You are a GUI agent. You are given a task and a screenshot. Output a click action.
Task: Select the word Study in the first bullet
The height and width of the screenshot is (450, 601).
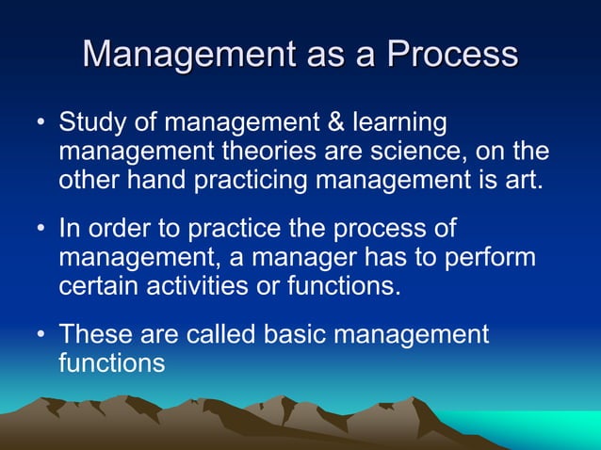click(x=92, y=123)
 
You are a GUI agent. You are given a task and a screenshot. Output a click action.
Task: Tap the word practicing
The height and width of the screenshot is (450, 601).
click(x=253, y=181)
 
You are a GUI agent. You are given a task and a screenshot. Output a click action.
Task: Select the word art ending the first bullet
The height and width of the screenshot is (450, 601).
click(x=524, y=180)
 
